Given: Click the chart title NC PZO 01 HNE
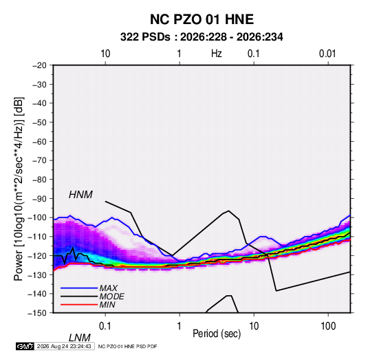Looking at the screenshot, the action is click(x=202, y=19).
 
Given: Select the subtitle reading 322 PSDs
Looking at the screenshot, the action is click(x=145, y=37).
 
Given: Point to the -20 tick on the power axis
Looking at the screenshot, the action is click(x=39, y=65).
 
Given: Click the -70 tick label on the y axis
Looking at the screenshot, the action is click(x=39, y=160).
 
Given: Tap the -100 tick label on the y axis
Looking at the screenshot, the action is click(x=38, y=217).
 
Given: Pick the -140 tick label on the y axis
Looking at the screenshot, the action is click(x=38, y=294).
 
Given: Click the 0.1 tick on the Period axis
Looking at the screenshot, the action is click(x=105, y=326).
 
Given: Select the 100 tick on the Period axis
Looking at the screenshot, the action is click(x=328, y=326).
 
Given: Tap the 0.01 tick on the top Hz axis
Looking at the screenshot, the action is click(x=327, y=54).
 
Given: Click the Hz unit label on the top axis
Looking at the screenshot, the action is click(x=217, y=54).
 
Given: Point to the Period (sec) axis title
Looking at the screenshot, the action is click(x=217, y=334).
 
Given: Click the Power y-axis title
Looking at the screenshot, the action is click(x=19, y=189).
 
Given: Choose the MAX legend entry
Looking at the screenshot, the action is click(x=108, y=288).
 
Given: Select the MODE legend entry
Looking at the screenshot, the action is click(x=111, y=297).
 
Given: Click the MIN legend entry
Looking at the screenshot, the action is click(x=107, y=305).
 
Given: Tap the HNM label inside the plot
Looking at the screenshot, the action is click(x=80, y=195).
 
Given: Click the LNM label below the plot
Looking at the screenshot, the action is click(x=80, y=338).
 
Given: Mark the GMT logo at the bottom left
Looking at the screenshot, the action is click(x=25, y=346).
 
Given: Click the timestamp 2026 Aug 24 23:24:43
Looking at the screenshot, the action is click(x=64, y=346).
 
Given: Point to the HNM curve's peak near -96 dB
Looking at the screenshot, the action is click(x=228, y=211).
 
